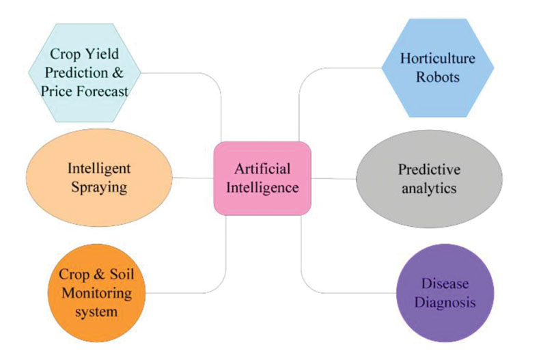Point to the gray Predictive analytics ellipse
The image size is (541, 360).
[428, 179]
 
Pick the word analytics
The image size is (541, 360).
[428, 189]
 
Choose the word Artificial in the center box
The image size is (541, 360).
[262, 168]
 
